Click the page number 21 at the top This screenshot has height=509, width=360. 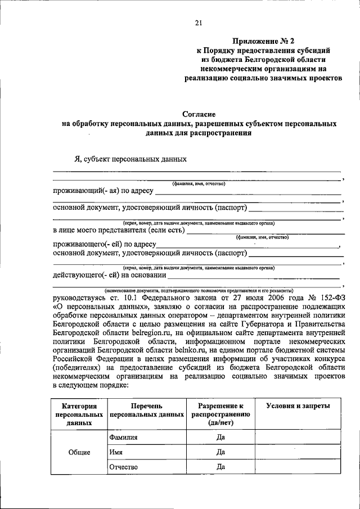(x=198, y=23)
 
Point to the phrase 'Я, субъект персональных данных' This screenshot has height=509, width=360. (x=127, y=159)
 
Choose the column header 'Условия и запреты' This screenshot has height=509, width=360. (x=298, y=406)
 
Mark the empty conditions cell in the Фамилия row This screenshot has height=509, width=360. (x=298, y=437)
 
